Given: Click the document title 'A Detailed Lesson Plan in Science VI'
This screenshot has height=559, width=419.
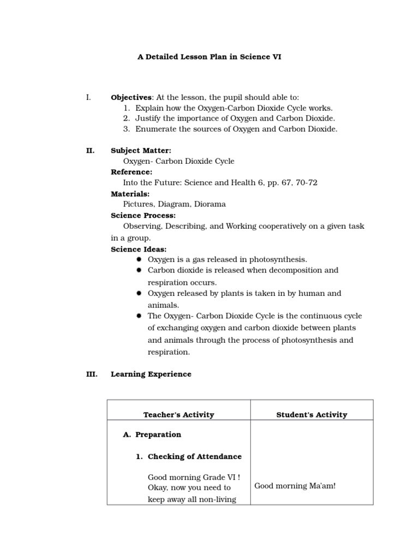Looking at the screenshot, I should [x=209, y=56].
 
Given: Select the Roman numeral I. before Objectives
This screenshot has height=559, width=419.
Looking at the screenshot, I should [x=88, y=97].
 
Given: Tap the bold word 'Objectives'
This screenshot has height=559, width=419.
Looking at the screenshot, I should [x=131, y=97].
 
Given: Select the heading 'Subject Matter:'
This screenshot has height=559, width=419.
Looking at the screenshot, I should [x=141, y=150].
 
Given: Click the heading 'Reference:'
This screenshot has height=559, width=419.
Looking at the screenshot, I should [x=131, y=172].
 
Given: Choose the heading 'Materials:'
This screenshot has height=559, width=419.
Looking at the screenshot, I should [x=130, y=194].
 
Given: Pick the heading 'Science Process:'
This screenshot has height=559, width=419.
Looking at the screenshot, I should [x=143, y=216].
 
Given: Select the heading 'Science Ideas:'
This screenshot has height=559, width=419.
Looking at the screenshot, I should [x=139, y=249].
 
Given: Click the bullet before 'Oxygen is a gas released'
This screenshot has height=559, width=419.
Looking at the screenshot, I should [x=139, y=259].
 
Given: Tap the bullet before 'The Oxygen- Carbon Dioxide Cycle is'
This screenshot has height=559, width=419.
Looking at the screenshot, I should [x=139, y=316].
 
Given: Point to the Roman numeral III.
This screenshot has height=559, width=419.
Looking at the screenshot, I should [x=91, y=374].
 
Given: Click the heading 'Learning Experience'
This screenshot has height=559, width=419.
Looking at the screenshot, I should [x=151, y=374].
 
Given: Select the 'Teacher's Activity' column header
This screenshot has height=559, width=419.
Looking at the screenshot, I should [x=178, y=415].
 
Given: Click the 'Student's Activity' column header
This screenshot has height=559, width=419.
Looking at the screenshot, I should [x=312, y=415].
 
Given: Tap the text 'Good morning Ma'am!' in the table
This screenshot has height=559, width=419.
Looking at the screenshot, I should [x=295, y=486].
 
